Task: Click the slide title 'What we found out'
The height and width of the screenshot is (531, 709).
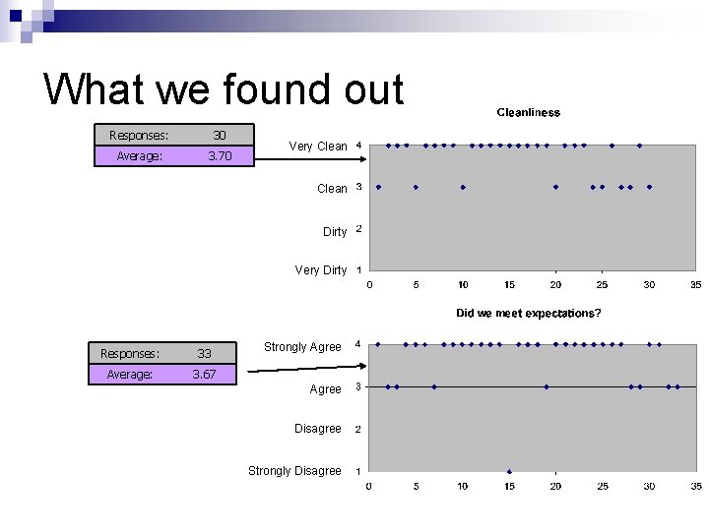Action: click(224, 89)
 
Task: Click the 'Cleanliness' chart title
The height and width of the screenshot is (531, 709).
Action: click(528, 112)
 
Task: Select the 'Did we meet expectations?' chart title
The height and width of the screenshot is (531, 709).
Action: click(528, 313)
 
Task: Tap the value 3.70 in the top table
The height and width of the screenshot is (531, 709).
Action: click(220, 155)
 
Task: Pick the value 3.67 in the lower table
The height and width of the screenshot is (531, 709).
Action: click(204, 374)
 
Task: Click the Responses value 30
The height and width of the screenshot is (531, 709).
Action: click(220, 135)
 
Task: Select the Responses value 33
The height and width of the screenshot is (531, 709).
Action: click(204, 353)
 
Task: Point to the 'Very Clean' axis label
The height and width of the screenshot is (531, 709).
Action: click(317, 147)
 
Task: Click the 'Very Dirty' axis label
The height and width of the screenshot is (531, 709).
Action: click(320, 270)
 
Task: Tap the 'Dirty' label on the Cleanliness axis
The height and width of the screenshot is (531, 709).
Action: click(335, 232)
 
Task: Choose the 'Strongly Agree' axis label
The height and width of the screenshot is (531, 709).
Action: click(302, 347)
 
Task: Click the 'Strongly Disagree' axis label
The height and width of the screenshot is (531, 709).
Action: click(294, 471)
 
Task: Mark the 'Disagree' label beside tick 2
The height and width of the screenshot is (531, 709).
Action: click(317, 429)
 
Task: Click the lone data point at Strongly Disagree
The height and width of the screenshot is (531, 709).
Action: click(509, 471)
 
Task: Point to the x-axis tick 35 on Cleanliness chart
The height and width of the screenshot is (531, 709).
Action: click(695, 285)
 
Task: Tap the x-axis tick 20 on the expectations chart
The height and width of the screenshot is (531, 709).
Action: click(555, 486)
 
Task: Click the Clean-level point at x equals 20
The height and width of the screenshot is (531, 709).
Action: click(555, 187)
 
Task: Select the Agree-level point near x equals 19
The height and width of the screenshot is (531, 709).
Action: click(547, 386)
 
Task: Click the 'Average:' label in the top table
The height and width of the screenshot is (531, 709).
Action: click(139, 155)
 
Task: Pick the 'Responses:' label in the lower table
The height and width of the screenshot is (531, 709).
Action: click(130, 353)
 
